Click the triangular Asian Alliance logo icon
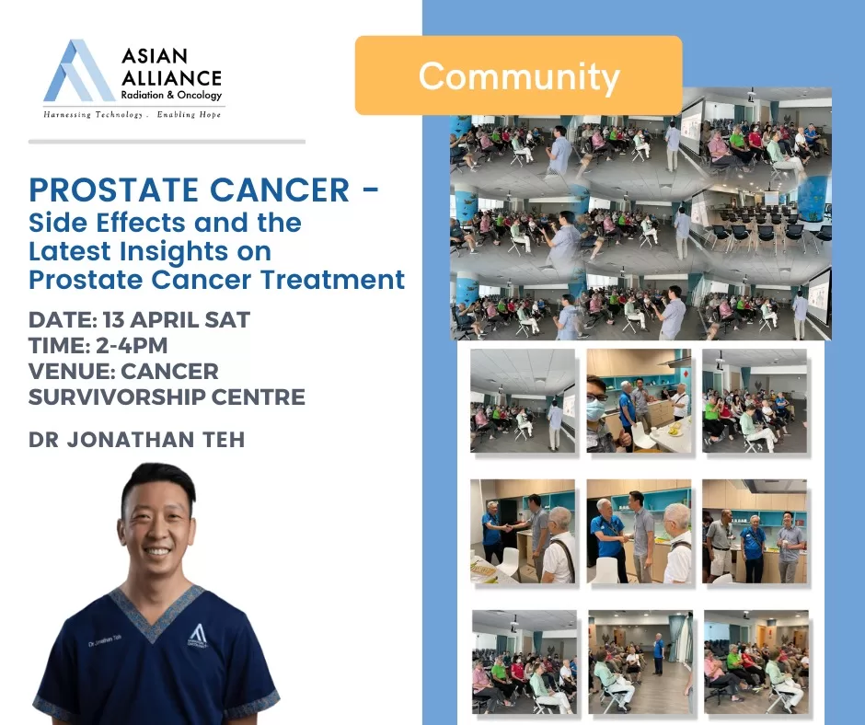point(79,71)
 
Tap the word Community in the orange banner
point(519,76)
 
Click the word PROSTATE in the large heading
point(113,190)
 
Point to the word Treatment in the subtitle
point(333,279)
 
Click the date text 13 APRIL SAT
point(177,320)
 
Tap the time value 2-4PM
point(132,345)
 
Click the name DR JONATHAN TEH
point(137,440)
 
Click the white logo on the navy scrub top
point(198,635)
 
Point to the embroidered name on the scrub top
point(105,640)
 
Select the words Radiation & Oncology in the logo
point(171,95)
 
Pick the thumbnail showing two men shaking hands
point(523,531)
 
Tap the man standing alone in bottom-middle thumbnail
point(658,654)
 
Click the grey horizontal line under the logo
point(167,142)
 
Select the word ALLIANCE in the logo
point(171,78)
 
